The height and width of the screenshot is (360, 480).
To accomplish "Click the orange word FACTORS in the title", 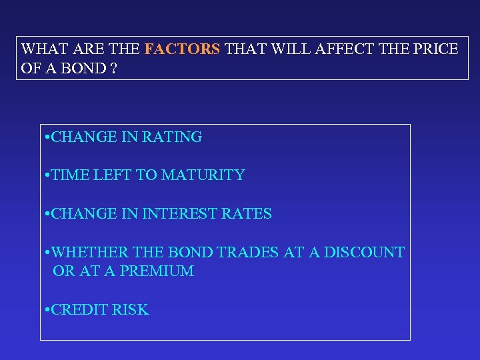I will (x=182, y=49).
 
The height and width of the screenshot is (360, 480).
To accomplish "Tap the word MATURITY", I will (x=203, y=175).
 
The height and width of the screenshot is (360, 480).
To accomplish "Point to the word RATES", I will (x=247, y=214).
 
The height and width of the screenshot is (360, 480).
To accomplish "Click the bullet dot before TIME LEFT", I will (x=47, y=176).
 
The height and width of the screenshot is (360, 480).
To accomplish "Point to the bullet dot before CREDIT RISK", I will (x=47, y=311).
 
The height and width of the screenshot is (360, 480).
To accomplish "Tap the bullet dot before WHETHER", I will (x=47, y=253).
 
